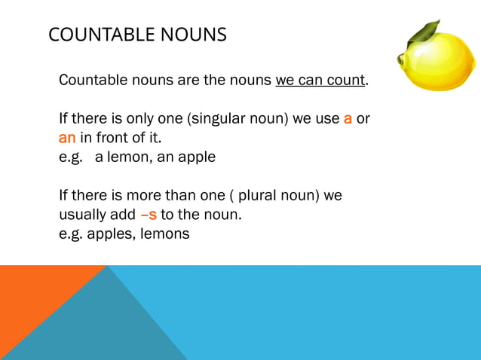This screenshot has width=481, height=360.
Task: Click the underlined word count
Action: coord(348,80)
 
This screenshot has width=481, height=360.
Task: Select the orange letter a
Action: coord(348,119)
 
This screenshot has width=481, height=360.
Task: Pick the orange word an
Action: coord(67,138)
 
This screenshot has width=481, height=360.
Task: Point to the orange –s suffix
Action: coord(149,215)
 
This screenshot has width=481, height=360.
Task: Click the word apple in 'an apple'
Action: coord(198,157)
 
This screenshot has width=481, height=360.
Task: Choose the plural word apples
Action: coord(111,233)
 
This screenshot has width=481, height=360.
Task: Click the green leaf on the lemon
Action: coord(426,32)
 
